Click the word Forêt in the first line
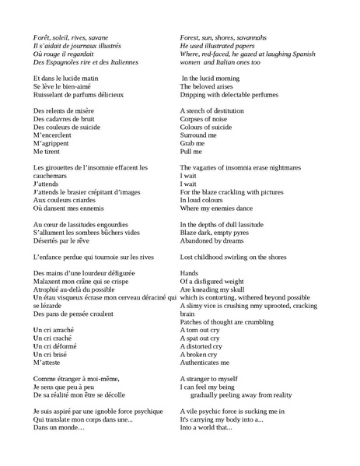tap(44, 37)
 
